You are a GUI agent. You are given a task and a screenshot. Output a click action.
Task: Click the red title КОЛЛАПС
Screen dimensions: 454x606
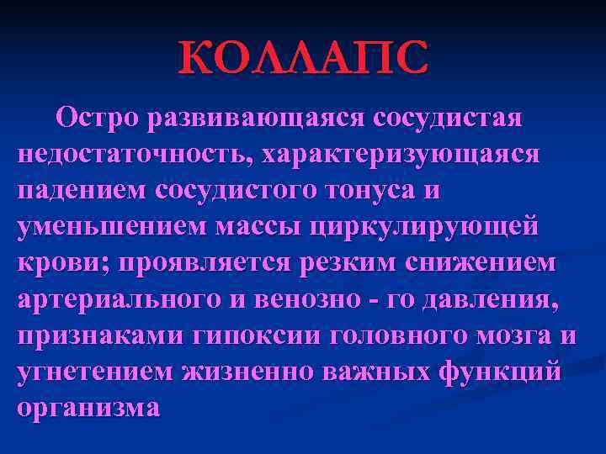303,58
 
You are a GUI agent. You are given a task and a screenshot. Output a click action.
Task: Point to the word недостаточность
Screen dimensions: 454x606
135,155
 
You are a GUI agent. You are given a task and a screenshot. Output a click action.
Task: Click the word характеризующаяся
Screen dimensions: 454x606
401,155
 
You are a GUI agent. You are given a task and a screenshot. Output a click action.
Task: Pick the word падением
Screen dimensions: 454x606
81,192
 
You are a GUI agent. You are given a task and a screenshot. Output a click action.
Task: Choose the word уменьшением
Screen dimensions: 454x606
109,227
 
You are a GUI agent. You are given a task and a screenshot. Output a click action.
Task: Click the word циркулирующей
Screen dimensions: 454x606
423,228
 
